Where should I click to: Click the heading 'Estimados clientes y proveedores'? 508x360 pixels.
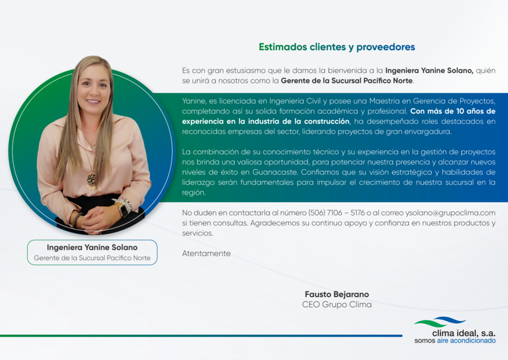pos(336,47)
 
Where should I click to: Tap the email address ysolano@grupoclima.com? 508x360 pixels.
pos(450,213)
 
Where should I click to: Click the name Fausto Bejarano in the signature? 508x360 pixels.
pos(336,294)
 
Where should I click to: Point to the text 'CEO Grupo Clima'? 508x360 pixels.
pos(336,304)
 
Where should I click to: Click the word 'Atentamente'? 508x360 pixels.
pos(206,254)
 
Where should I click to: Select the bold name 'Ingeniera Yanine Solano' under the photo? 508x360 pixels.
pos(92,248)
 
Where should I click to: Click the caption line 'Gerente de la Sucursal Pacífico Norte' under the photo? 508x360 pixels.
pos(92,258)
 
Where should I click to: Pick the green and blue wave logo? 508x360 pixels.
pos(440,322)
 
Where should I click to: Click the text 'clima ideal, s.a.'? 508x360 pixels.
pos(464,333)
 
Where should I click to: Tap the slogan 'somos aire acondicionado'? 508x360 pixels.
pos(455,340)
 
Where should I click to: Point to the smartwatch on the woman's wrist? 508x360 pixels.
pos(124,209)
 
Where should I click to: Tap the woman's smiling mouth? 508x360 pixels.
pos(93,102)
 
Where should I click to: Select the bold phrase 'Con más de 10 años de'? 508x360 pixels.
pos(452,111)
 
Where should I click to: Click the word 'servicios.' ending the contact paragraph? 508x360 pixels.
pos(198,233)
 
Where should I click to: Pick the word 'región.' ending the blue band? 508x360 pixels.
pos(194,193)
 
